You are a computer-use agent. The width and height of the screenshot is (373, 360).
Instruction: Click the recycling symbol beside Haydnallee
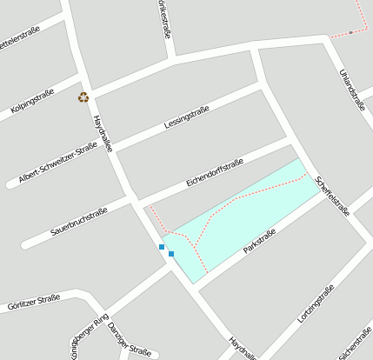pos(83,97)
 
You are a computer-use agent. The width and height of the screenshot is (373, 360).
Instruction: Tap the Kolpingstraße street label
pos(33,103)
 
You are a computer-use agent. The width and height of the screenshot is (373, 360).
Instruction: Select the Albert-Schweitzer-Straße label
pos(57,163)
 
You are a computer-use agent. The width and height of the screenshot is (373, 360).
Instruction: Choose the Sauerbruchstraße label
pos(79,222)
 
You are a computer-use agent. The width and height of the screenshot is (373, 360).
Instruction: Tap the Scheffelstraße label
pos(333,195)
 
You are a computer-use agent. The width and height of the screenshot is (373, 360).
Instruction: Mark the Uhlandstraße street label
pos(351,89)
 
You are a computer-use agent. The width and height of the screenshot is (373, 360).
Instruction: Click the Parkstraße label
pos(260,241)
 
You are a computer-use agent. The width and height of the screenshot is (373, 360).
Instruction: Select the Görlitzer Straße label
pos(33,303)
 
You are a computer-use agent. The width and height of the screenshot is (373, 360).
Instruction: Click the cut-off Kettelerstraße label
pos(19,41)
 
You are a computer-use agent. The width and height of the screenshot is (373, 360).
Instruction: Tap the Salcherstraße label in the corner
pos(356,343)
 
